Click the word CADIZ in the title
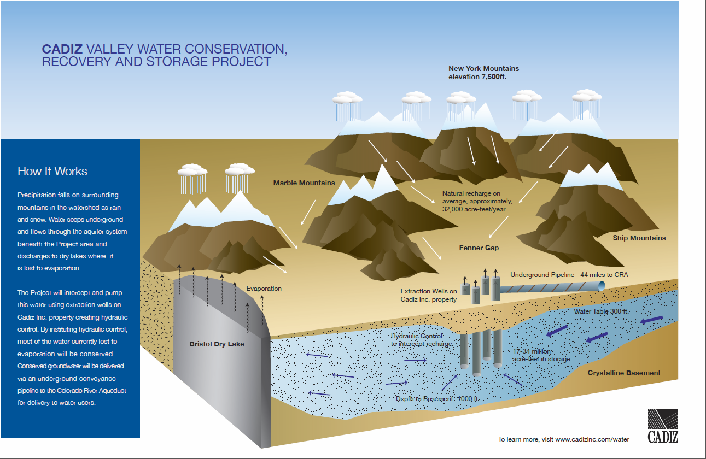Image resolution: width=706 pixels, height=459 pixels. [x=61, y=49]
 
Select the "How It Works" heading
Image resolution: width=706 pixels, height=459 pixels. [x=52, y=171]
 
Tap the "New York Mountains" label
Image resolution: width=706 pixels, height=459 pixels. [x=483, y=69]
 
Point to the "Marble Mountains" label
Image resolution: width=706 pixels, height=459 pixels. [x=304, y=183]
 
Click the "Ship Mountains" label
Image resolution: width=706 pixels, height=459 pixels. [x=639, y=238]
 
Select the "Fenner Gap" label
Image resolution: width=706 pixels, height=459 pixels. [x=479, y=248]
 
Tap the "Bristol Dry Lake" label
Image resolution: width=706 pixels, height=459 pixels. [x=217, y=344]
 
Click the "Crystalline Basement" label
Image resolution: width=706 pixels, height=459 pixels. [x=624, y=373]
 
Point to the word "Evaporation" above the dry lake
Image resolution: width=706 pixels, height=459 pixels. [x=264, y=288]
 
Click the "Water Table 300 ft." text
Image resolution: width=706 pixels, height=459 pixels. [x=601, y=311]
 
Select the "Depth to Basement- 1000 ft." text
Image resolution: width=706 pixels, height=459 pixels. [x=437, y=399]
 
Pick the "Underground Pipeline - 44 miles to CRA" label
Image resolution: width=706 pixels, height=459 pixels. [x=569, y=274]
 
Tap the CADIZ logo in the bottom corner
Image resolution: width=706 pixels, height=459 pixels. [x=663, y=426]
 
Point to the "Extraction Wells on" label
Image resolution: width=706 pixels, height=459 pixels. [x=429, y=291]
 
